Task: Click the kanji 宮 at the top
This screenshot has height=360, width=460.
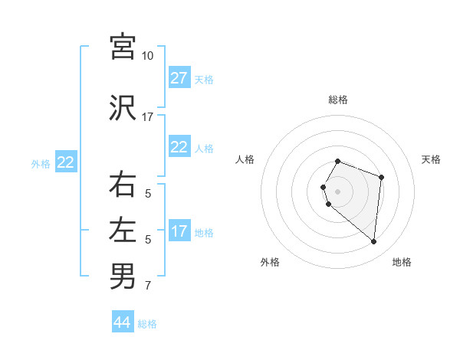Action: pyautogui.click(x=123, y=47)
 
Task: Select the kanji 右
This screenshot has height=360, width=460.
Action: pyautogui.click(x=123, y=185)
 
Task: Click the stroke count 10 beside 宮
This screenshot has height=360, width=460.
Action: pyautogui.click(x=148, y=56)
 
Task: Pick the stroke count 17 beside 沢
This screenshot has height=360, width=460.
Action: pyautogui.click(x=148, y=117)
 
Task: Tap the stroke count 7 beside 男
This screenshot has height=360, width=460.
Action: pyautogui.click(x=148, y=286)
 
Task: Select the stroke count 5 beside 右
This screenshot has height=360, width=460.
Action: pyautogui.click(x=148, y=194)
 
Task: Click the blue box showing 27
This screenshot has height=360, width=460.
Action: pyautogui.click(x=179, y=78)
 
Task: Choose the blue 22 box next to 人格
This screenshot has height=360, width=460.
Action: pyautogui.click(x=179, y=147)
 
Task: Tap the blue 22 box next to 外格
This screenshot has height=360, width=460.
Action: pyautogui.click(x=65, y=162)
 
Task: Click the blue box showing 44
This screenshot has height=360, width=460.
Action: pyautogui.click(x=123, y=322)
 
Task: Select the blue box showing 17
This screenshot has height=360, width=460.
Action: pyautogui.click(x=179, y=231)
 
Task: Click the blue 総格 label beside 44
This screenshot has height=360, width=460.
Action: pyautogui.click(x=148, y=324)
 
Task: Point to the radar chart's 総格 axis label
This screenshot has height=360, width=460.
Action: pyautogui.click(x=338, y=100)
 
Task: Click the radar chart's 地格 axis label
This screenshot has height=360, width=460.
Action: pyautogui.click(x=402, y=263)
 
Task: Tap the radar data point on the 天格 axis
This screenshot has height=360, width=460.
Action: pyautogui.click(x=381, y=177)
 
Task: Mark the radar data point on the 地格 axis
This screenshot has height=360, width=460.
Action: pyautogui.click(x=373, y=241)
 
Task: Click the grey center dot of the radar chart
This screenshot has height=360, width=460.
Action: pyautogui.click(x=338, y=191)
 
